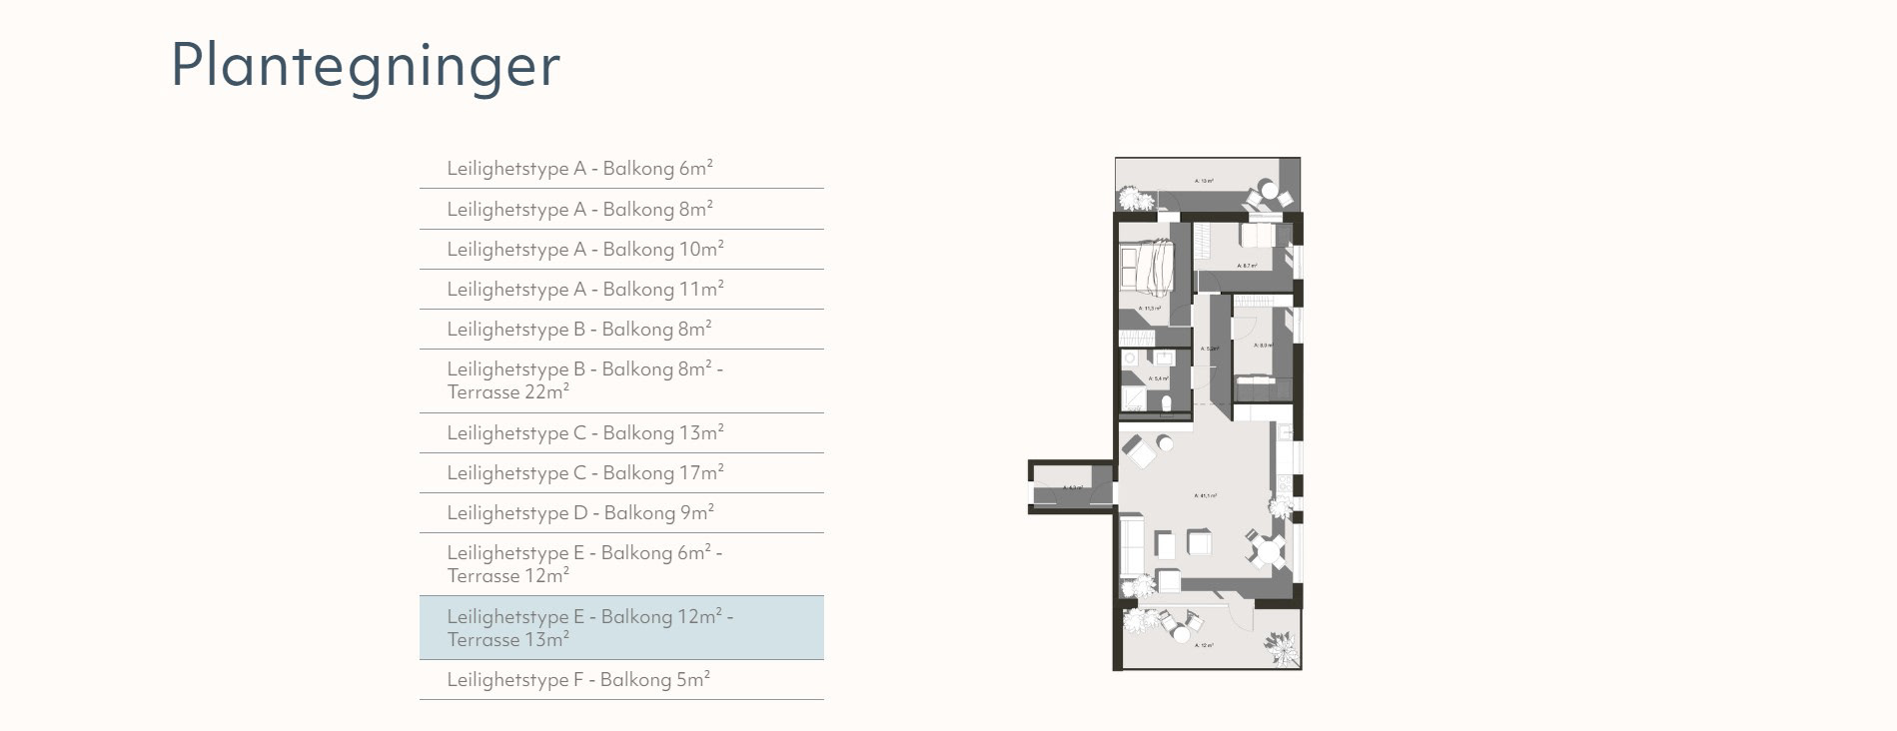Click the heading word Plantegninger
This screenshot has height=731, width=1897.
366,66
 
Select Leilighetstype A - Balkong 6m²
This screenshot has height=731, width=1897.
579,169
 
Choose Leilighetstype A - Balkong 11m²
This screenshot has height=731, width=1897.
584,290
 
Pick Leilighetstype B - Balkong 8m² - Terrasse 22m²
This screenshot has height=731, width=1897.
584,380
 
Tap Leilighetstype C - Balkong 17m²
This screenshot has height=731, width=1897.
584,473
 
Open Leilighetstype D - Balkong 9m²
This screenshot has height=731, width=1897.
579,513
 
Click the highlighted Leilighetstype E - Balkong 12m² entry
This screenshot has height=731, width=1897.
589,628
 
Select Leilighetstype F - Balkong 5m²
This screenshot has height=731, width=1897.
577,680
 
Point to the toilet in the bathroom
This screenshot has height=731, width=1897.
1167,403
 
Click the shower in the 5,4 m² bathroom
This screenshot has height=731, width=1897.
1134,399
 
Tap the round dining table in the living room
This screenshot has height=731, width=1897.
1269,551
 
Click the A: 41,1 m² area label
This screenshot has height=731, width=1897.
1206,495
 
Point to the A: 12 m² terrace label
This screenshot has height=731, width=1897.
1205,646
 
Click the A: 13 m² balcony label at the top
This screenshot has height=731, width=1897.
1205,181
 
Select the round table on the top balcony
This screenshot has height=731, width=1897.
1269,189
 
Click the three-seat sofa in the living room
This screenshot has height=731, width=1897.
1132,545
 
